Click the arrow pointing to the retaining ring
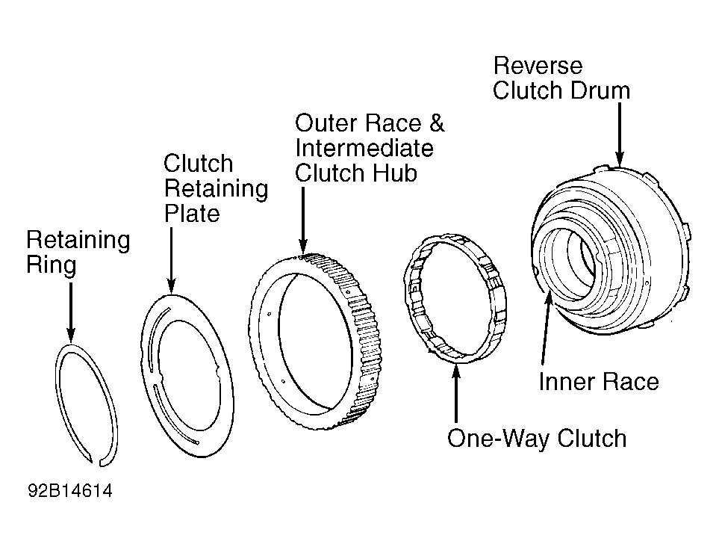(x=71, y=312)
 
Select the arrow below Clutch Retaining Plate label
(x=171, y=261)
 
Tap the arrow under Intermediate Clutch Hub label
(x=302, y=220)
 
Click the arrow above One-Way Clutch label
(x=455, y=393)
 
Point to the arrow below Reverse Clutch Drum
(x=620, y=135)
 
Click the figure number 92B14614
(x=70, y=490)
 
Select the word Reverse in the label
(x=538, y=66)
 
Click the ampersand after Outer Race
(x=436, y=123)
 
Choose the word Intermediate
(x=364, y=148)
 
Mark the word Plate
(x=192, y=213)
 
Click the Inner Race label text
(x=599, y=382)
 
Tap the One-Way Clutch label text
(x=537, y=438)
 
